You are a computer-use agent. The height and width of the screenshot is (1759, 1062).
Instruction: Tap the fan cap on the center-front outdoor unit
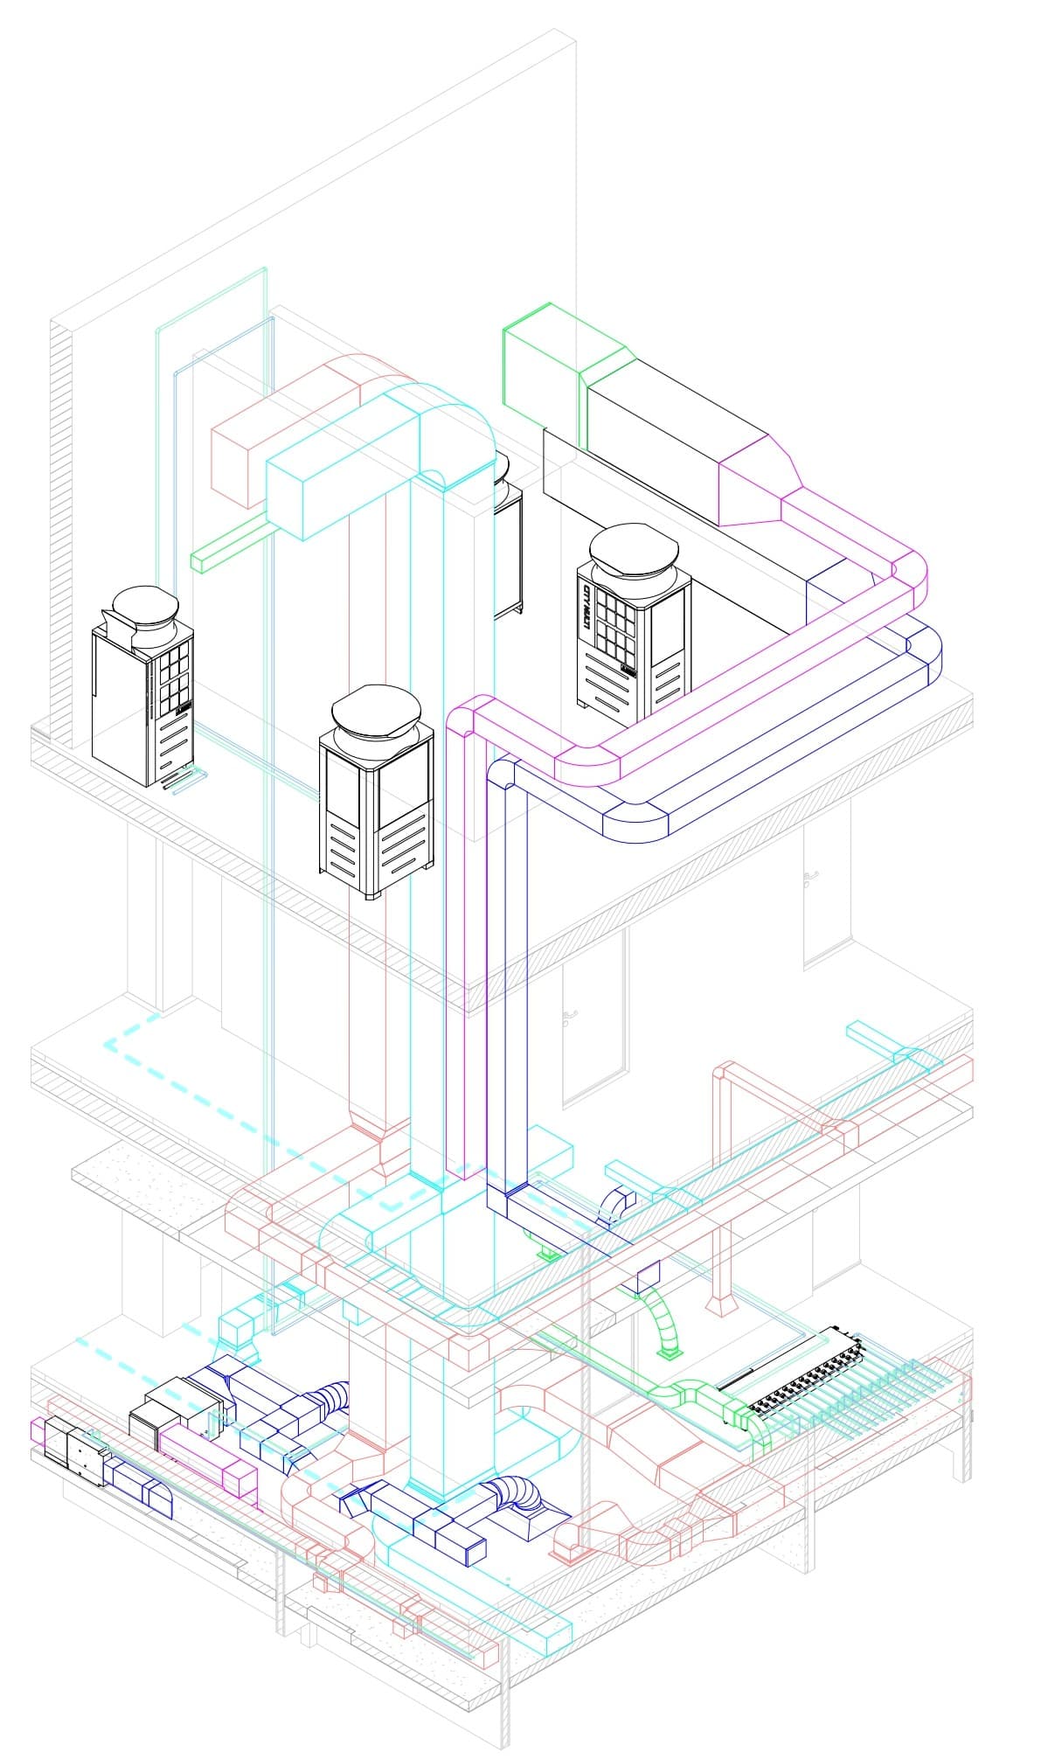pyautogui.click(x=375, y=707)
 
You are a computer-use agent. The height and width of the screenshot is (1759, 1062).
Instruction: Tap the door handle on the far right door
pyautogui.click(x=812, y=879)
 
